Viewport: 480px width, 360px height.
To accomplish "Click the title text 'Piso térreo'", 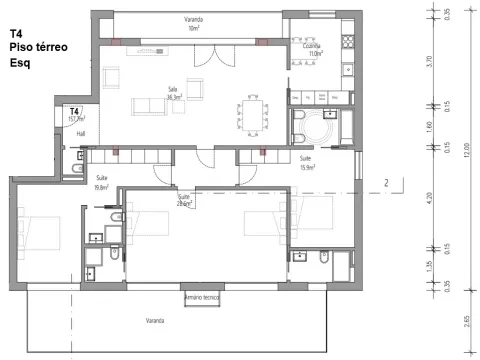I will [x=37, y=47].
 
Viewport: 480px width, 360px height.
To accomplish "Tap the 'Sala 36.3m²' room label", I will [x=172, y=94].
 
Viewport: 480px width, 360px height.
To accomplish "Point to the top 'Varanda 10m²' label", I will [x=193, y=25].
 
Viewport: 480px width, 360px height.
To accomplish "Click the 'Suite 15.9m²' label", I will [x=307, y=163].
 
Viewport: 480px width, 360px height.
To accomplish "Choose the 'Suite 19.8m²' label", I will [x=101, y=182].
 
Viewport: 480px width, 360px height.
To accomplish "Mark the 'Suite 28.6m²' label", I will [x=184, y=201].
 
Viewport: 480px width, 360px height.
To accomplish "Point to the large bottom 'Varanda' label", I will [x=154, y=321].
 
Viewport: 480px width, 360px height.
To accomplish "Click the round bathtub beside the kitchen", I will [x=322, y=128].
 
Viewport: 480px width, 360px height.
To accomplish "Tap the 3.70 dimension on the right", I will [x=428, y=60].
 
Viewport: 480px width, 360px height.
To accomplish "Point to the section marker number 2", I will [x=385, y=183].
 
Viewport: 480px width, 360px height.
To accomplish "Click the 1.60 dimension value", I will [x=428, y=126].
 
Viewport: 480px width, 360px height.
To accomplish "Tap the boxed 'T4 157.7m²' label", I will [x=74, y=113].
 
